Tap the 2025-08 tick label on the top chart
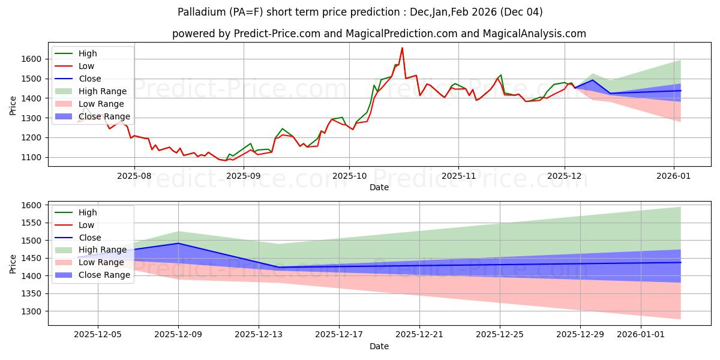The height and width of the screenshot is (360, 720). point(134,176)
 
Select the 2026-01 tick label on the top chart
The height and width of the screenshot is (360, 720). point(673,176)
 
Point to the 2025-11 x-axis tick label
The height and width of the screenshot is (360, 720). point(458,176)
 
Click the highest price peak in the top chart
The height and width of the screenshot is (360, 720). point(402,48)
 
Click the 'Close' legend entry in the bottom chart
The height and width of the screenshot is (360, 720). point(90,238)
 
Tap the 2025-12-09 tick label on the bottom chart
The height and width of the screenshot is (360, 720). point(179,335)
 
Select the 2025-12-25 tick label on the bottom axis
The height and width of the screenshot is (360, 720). point(500,335)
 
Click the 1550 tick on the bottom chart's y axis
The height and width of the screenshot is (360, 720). point(32,223)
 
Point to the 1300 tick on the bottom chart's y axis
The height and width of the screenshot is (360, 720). point(32,311)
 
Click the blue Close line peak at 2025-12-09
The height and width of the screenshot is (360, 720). point(179,243)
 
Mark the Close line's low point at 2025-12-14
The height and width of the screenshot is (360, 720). point(279,267)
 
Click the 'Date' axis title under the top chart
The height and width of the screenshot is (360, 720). point(379,187)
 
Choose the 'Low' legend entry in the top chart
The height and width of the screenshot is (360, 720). point(88,65)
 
